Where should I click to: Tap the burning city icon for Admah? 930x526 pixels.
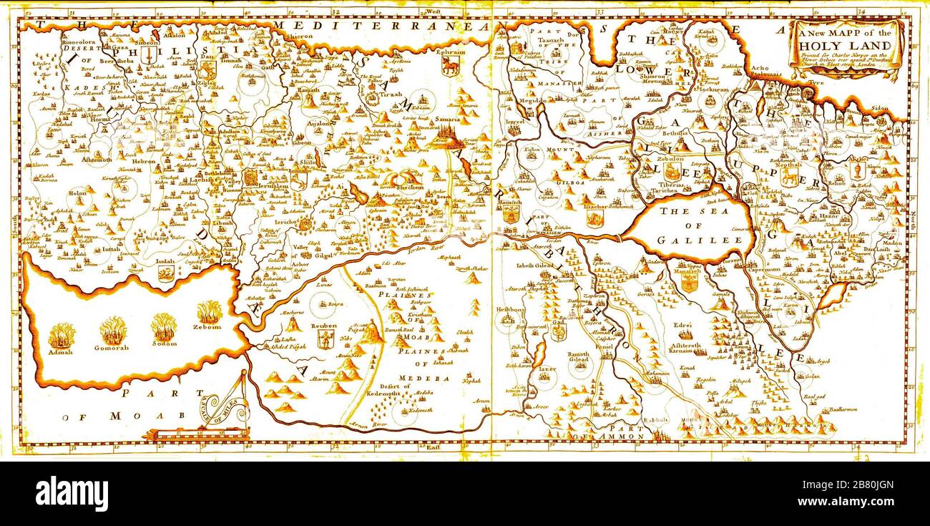[x=62, y=336]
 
